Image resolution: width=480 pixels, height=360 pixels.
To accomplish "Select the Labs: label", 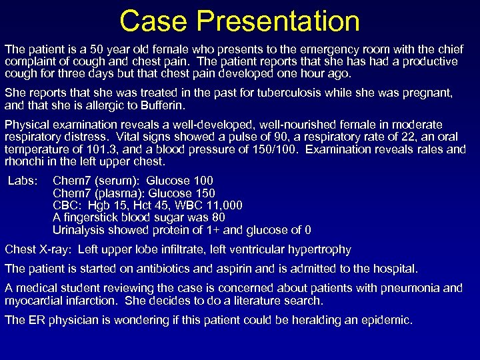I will (x=23, y=181).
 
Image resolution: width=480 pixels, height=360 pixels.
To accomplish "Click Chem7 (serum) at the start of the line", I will (x=96, y=181).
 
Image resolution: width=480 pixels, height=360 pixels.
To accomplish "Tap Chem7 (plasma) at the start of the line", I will (x=99, y=193).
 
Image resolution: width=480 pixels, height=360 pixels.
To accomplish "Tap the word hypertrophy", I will (x=319, y=249).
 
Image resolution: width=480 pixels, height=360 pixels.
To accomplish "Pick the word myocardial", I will (x=34, y=300).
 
